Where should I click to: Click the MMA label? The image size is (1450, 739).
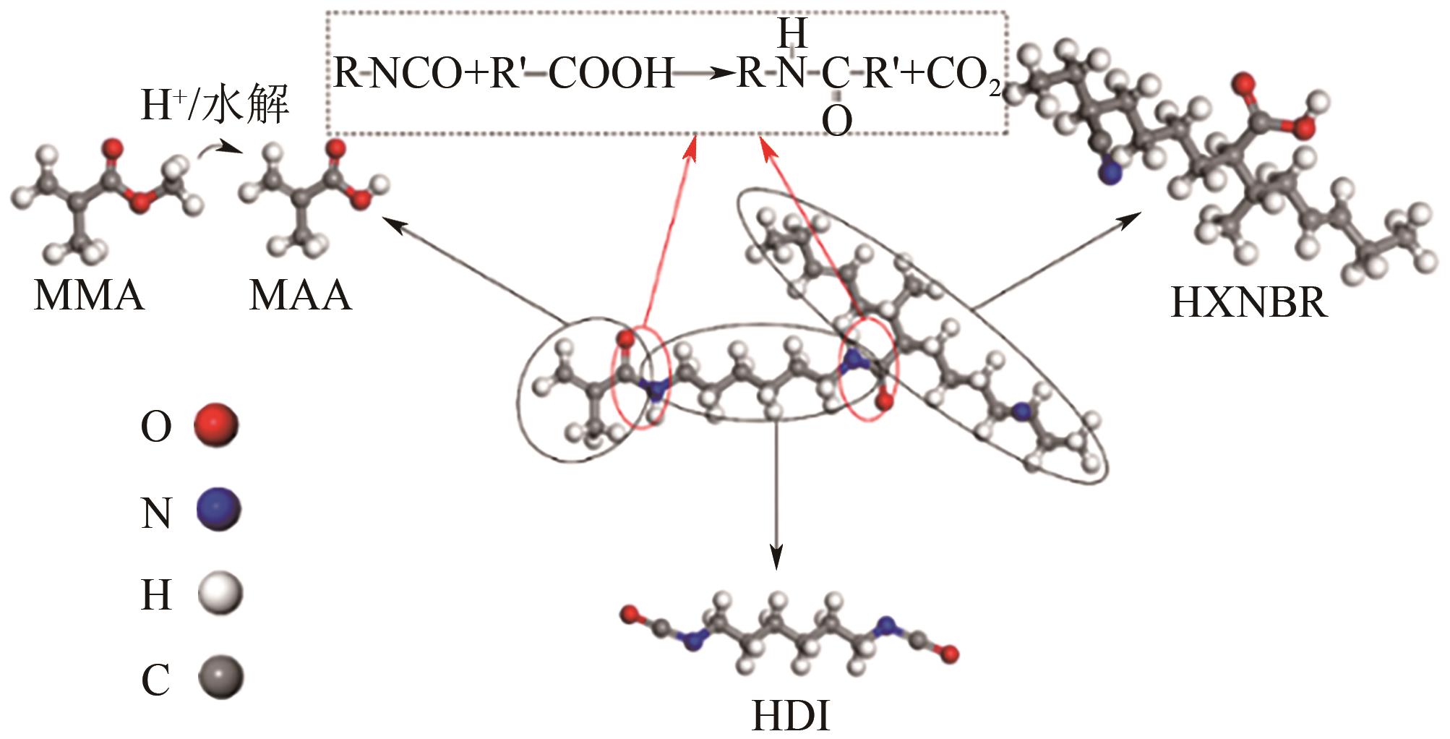pyautogui.click(x=89, y=296)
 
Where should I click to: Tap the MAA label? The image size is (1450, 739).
pyautogui.click(x=300, y=296)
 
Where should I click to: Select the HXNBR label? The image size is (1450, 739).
pyautogui.click(x=1248, y=302)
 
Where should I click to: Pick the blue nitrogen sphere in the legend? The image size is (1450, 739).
pyautogui.click(x=218, y=511)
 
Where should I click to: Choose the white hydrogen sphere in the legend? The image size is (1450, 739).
pyautogui.click(x=220, y=594)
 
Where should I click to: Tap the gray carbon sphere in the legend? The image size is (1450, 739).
pyautogui.click(x=220, y=678)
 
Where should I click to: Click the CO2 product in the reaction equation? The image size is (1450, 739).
pyautogui.click(x=964, y=74)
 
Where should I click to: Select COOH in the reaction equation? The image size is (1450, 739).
pyautogui.click(x=611, y=74)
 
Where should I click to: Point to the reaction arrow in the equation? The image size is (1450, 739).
pyautogui.click(x=705, y=74)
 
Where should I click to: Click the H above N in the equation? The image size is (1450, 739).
pyautogui.click(x=792, y=33)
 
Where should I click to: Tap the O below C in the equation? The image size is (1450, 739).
pyautogui.click(x=836, y=121)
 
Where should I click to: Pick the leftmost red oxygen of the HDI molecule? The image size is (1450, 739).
pyautogui.click(x=630, y=615)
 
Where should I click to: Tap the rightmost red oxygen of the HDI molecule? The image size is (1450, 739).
pyautogui.click(x=951, y=655)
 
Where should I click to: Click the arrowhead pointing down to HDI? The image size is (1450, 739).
pyautogui.click(x=776, y=557)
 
